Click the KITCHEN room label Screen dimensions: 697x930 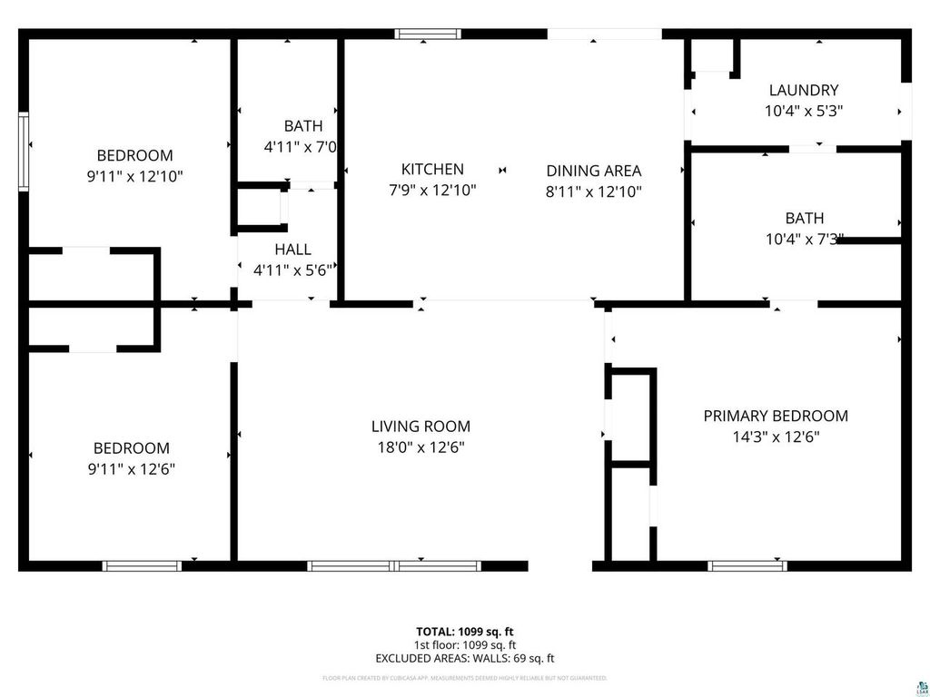pos(432,169)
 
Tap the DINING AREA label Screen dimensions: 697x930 pos(593,171)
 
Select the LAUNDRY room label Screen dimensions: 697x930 pos(803,90)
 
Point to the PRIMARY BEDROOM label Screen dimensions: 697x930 pos(776,416)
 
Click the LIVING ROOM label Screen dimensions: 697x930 pos(420,426)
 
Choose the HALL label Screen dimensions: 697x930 pos(292,249)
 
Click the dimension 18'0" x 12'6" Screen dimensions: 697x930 pos(420,447)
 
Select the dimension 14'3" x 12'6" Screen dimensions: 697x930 pos(776,437)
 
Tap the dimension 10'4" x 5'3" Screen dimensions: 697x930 pos(803,111)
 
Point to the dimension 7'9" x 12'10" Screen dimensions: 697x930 pos(432,191)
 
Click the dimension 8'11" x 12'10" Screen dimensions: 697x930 pos(593,191)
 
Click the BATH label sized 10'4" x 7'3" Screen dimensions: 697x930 pos(805,218)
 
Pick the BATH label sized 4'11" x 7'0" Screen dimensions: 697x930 pos(302,126)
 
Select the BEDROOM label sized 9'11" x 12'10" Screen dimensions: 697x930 pos(134,155)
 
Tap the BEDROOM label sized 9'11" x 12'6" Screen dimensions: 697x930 pos(132,448)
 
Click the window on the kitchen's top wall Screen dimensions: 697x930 pos(427,34)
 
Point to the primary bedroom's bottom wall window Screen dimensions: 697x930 pos(747,565)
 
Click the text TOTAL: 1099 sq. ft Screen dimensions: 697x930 pos(465,631)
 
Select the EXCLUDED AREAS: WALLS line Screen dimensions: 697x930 pos(465,658)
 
